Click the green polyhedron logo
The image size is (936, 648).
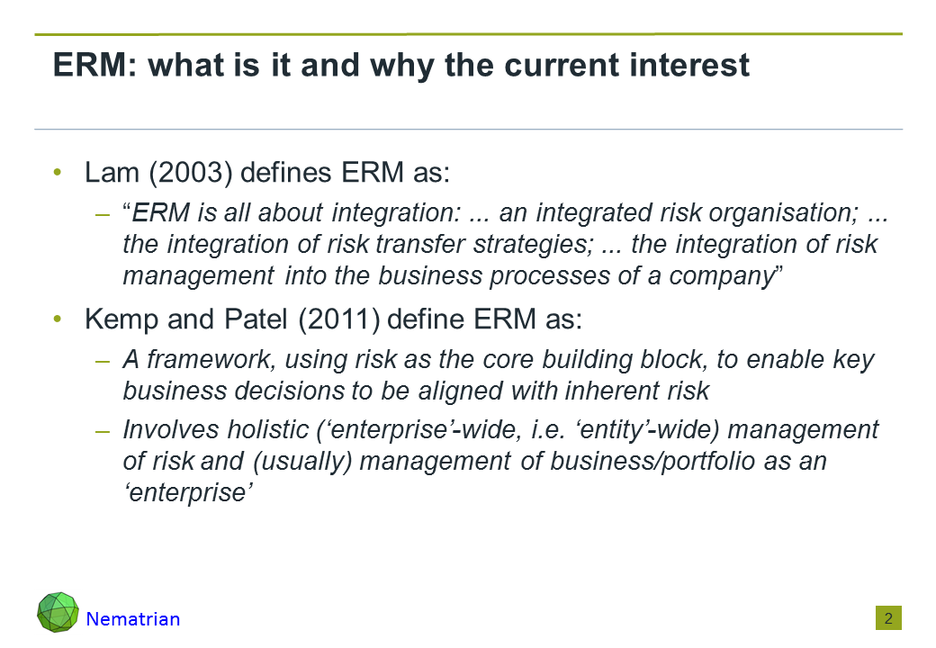(x=58, y=612)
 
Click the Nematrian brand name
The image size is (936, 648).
(x=133, y=619)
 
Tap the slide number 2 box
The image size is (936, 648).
(x=888, y=618)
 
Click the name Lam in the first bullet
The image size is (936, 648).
(x=112, y=173)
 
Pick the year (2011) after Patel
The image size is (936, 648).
(x=338, y=319)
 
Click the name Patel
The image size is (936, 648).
(x=256, y=319)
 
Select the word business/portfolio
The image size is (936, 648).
(x=652, y=461)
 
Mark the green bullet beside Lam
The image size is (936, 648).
(x=58, y=173)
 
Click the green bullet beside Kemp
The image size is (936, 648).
(x=58, y=319)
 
